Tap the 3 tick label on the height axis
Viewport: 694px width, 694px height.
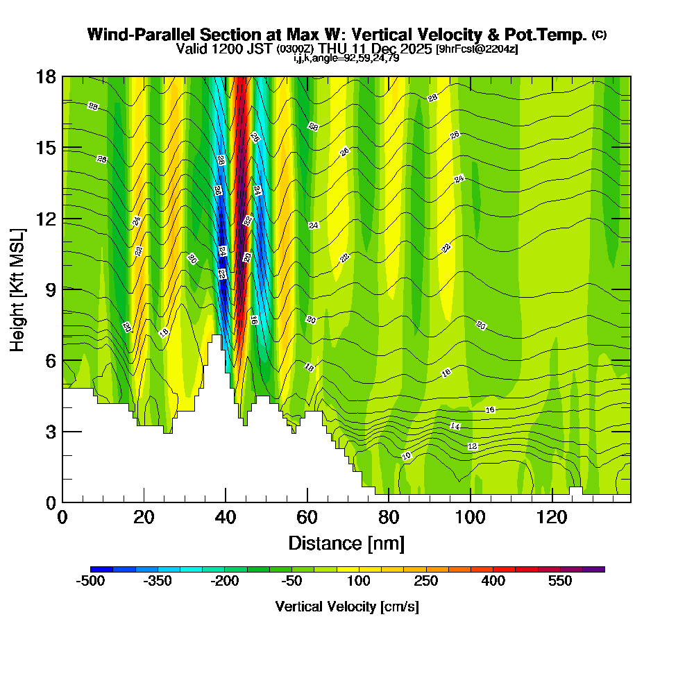pos(50,432)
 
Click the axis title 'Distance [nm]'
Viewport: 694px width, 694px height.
pos(346,543)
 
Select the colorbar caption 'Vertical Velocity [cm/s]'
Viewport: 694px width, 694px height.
pos(347,607)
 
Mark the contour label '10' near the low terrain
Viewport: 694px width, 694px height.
pos(407,456)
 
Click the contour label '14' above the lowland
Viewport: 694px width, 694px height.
pos(455,425)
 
